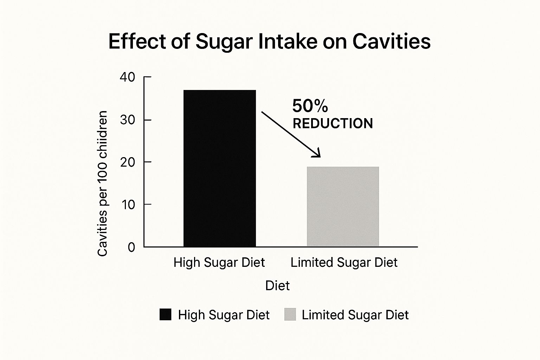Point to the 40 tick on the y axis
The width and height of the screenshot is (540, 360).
(127, 77)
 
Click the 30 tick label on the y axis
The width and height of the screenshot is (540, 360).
(127, 120)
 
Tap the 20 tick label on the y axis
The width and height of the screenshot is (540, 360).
(127, 162)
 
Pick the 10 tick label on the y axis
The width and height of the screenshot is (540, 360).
(128, 204)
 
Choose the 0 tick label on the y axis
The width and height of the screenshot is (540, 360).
(131, 247)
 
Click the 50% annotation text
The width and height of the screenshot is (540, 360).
(310, 105)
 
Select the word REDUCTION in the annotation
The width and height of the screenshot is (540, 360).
(333, 123)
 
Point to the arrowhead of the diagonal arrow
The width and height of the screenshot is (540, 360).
(318, 154)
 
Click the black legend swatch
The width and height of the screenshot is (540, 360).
(165, 314)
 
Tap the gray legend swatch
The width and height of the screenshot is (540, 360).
(290, 314)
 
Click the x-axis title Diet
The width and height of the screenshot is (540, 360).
(277, 285)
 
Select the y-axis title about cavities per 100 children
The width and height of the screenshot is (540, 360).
(102, 184)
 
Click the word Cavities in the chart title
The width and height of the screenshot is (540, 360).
(391, 41)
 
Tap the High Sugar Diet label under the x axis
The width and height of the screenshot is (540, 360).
(219, 262)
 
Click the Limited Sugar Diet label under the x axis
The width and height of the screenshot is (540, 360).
(344, 262)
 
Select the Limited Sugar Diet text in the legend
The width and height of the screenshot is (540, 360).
(355, 315)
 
